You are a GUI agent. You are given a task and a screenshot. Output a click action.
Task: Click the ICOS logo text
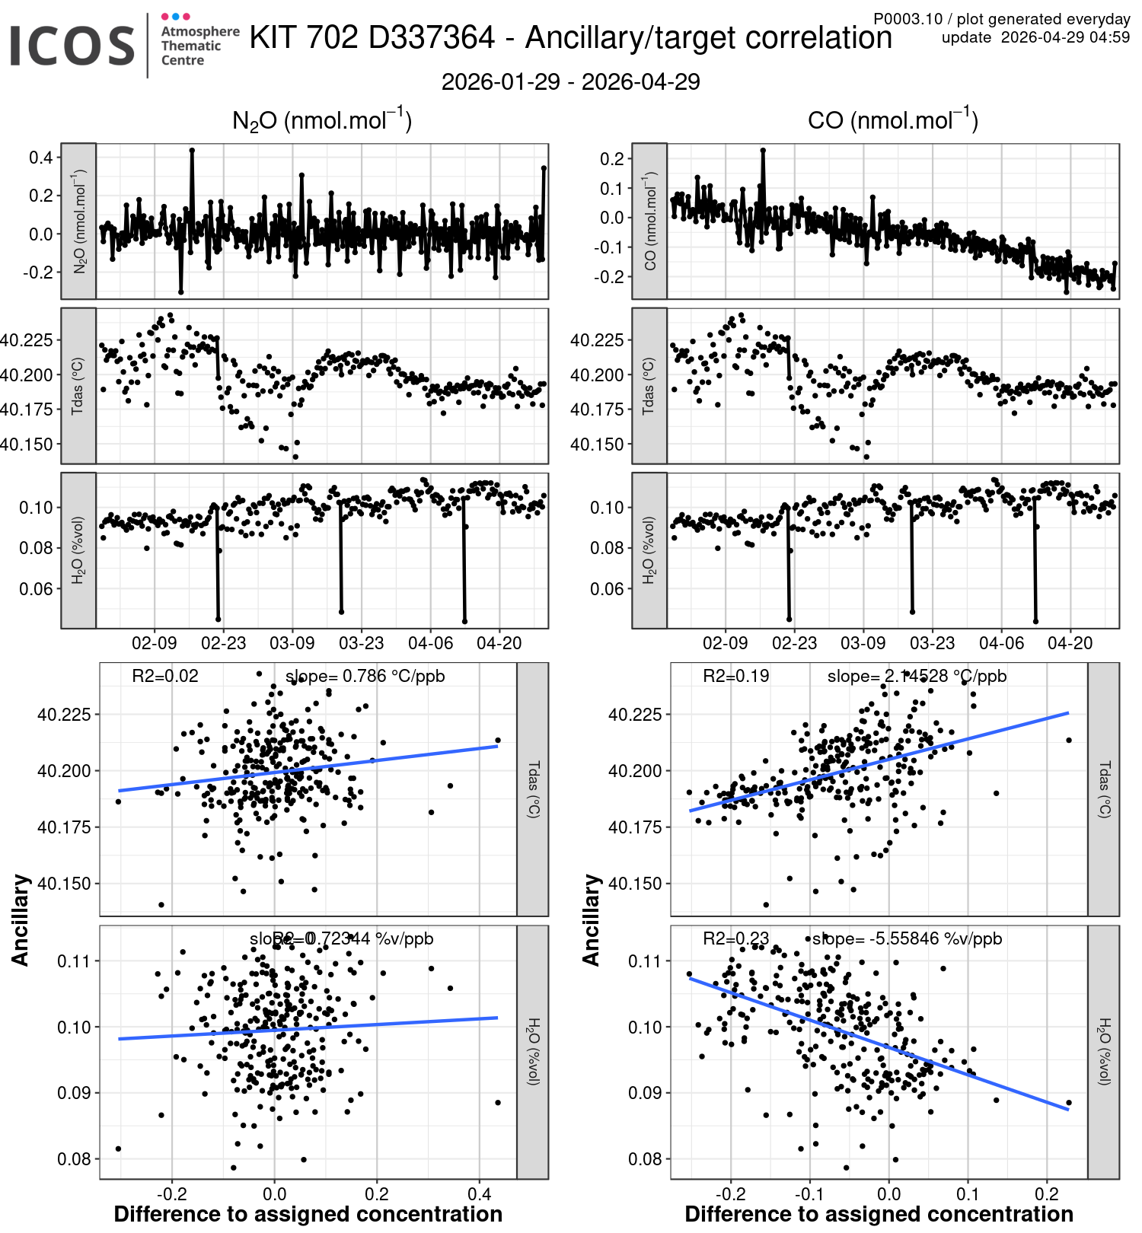pyautogui.click(x=72, y=46)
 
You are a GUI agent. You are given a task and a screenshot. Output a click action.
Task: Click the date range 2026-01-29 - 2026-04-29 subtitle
pyautogui.click(x=570, y=81)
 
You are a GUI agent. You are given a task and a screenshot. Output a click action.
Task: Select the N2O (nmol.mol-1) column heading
pyautogui.click(x=321, y=121)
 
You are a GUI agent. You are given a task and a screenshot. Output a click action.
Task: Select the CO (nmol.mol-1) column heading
pyautogui.click(x=892, y=121)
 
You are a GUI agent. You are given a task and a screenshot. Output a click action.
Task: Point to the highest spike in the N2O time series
pyautogui.click(x=192, y=151)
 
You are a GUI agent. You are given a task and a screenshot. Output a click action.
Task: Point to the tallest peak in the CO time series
pyautogui.click(x=763, y=151)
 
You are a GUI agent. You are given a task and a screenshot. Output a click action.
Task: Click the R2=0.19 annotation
pyautogui.click(x=735, y=676)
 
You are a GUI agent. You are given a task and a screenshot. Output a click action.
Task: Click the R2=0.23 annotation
pyautogui.click(x=735, y=938)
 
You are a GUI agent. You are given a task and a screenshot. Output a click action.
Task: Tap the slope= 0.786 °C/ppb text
pyautogui.click(x=365, y=676)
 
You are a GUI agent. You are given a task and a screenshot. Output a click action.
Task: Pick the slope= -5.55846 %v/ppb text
pyautogui.click(x=907, y=938)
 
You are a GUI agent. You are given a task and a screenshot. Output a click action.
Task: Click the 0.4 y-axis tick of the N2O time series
pyautogui.click(x=41, y=158)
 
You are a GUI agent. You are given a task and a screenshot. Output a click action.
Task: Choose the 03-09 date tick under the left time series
pyautogui.click(x=292, y=643)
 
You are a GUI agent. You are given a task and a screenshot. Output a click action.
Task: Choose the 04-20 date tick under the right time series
pyautogui.click(x=1070, y=643)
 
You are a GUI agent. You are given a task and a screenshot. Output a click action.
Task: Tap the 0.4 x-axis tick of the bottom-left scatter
pyautogui.click(x=480, y=1193)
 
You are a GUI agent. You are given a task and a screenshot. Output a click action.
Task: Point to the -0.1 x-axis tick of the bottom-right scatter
pyautogui.click(x=809, y=1193)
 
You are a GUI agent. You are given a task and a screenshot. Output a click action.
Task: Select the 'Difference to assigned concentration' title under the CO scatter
pyautogui.click(x=879, y=1214)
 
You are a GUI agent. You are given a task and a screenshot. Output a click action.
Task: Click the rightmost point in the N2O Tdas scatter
pyautogui.click(x=498, y=740)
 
